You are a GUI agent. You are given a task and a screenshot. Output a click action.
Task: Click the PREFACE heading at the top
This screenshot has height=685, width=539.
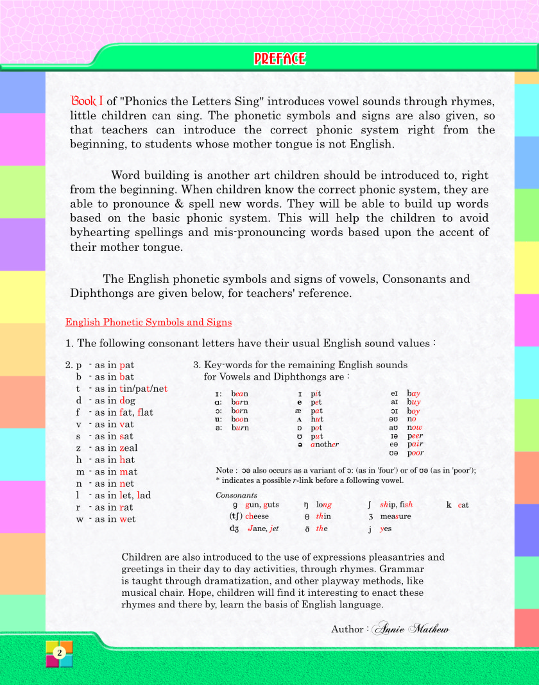pyautogui.click(x=279, y=59)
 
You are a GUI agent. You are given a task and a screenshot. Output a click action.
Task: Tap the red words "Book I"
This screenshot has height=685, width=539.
pyautogui.click(x=87, y=101)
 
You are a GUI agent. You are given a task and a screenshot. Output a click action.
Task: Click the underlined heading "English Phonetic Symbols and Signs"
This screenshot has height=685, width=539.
pyautogui.click(x=149, y=322)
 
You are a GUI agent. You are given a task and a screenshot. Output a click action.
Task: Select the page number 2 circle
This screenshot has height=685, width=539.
pyautogui.click(x=59, y=652)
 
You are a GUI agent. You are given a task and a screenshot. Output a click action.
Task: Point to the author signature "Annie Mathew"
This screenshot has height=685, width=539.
pyautogui.click(x=411, y=629)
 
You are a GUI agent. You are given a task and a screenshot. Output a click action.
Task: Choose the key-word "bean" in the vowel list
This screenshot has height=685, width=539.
pyautogui.click(x=240, y=393)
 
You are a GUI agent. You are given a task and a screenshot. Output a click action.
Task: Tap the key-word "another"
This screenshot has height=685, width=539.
pyautogui.click(x=324, y=444)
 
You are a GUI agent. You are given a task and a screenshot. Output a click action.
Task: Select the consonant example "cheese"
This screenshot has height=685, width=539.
pyautogui.click(x=257, y=516)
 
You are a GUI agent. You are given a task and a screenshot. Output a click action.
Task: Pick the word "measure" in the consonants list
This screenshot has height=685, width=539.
pyautogui.click(x=395, y=516)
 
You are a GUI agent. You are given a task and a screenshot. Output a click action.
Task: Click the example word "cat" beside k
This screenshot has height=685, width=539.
pyautogui.click(x=463, y=505)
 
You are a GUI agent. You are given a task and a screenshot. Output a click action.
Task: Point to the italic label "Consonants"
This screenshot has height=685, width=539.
pyautogui.click(x=236, y=495)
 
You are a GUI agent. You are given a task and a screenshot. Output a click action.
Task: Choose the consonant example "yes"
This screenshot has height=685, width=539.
pyautogui.click(x=386, y=529)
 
